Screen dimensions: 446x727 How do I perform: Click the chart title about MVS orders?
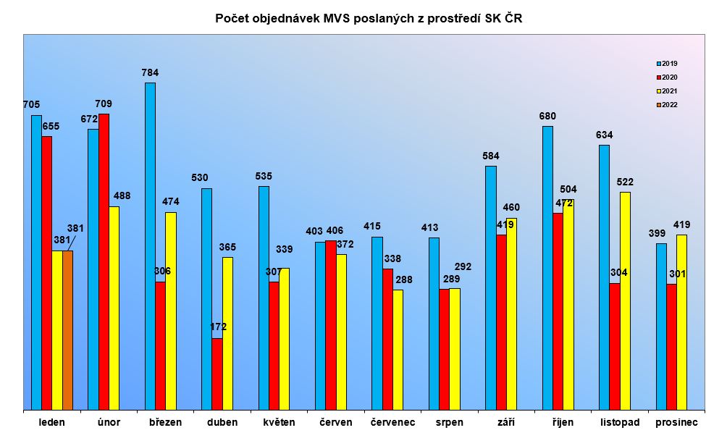[369, 19]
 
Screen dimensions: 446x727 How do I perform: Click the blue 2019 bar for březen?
[150, 246]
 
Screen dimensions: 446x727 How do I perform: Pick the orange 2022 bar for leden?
[67, 330]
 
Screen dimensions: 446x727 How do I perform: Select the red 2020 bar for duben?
[217, 374]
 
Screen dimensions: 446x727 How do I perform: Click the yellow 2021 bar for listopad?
[625, 300]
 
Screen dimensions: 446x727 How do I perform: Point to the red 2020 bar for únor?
[104, 261]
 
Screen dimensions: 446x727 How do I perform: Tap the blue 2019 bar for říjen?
[547, 268]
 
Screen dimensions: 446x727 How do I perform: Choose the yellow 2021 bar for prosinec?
[681, 322]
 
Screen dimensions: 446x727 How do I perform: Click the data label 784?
[150, 72]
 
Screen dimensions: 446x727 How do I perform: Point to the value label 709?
[104, 104]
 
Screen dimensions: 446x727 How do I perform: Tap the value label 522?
[625, 181]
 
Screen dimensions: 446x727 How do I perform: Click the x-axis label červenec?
[392, 422]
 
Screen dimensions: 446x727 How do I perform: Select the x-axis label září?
[506, 422]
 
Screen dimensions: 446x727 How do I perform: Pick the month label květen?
[279, 422]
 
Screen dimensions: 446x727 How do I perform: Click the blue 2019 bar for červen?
[320, 326]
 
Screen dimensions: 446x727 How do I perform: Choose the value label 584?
[491, 156]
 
